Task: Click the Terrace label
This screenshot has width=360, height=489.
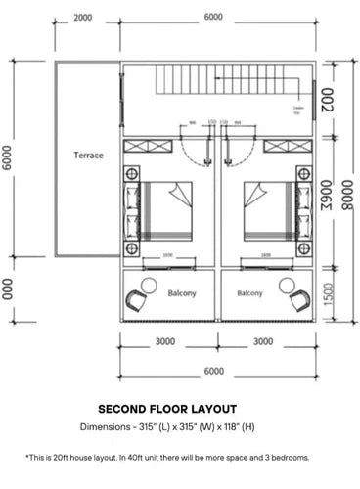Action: [x=88, y=156]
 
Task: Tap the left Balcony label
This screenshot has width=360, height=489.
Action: [x=183, y=292]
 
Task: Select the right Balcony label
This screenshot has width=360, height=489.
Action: [x=249, y=292]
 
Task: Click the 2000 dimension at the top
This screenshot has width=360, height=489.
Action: [x=83, y=18]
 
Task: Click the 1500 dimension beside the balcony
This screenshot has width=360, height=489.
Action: [x=328, y=294]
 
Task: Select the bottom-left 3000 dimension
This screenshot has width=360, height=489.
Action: [x=165, y=341]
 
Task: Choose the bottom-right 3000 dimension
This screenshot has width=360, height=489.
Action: [x=263, y=341]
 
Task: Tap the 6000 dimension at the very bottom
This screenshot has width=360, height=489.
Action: [x=213, y=372]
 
